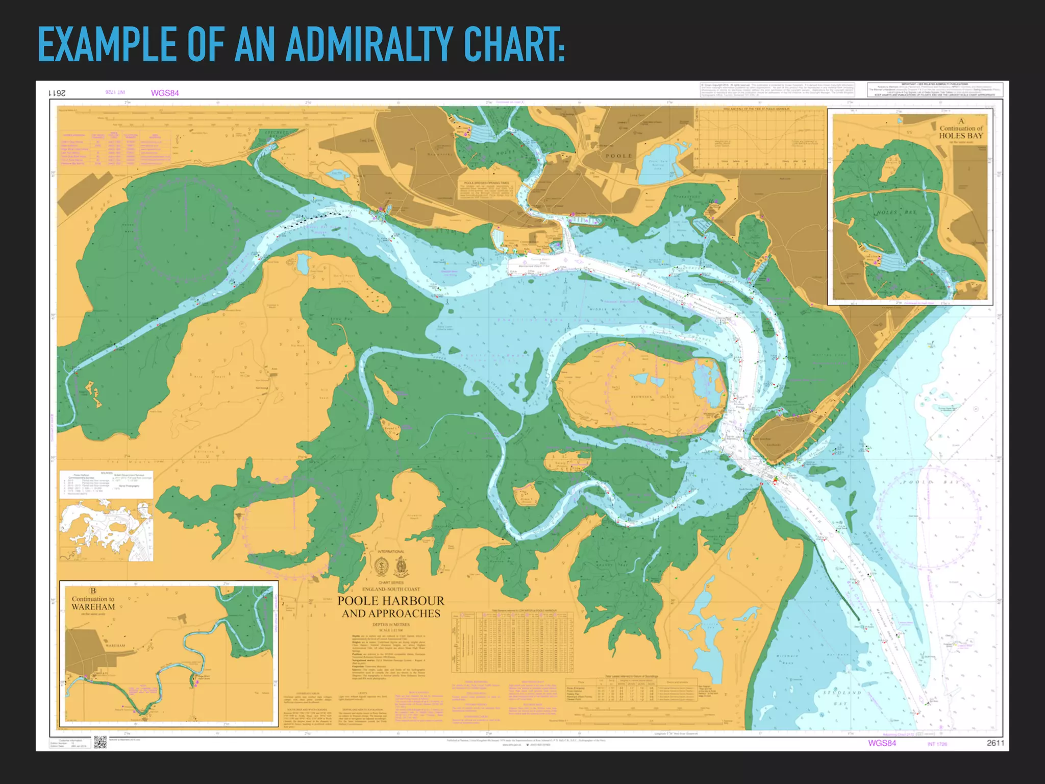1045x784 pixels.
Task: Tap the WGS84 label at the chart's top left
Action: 165,93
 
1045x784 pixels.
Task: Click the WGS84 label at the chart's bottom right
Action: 882,743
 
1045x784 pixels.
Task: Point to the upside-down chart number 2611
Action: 57,93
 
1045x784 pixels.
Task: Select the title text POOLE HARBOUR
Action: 391,601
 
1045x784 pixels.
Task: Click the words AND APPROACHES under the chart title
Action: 391,614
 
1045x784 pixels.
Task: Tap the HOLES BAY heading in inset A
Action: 961,136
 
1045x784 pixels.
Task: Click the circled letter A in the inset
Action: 961,121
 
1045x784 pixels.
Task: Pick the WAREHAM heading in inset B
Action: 93,607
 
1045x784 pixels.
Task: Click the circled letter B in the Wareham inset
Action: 93,591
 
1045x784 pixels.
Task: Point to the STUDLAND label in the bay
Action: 842,693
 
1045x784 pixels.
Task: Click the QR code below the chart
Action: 100,742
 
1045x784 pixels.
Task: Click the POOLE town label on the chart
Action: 618,156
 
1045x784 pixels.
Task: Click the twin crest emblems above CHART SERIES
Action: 391,566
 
